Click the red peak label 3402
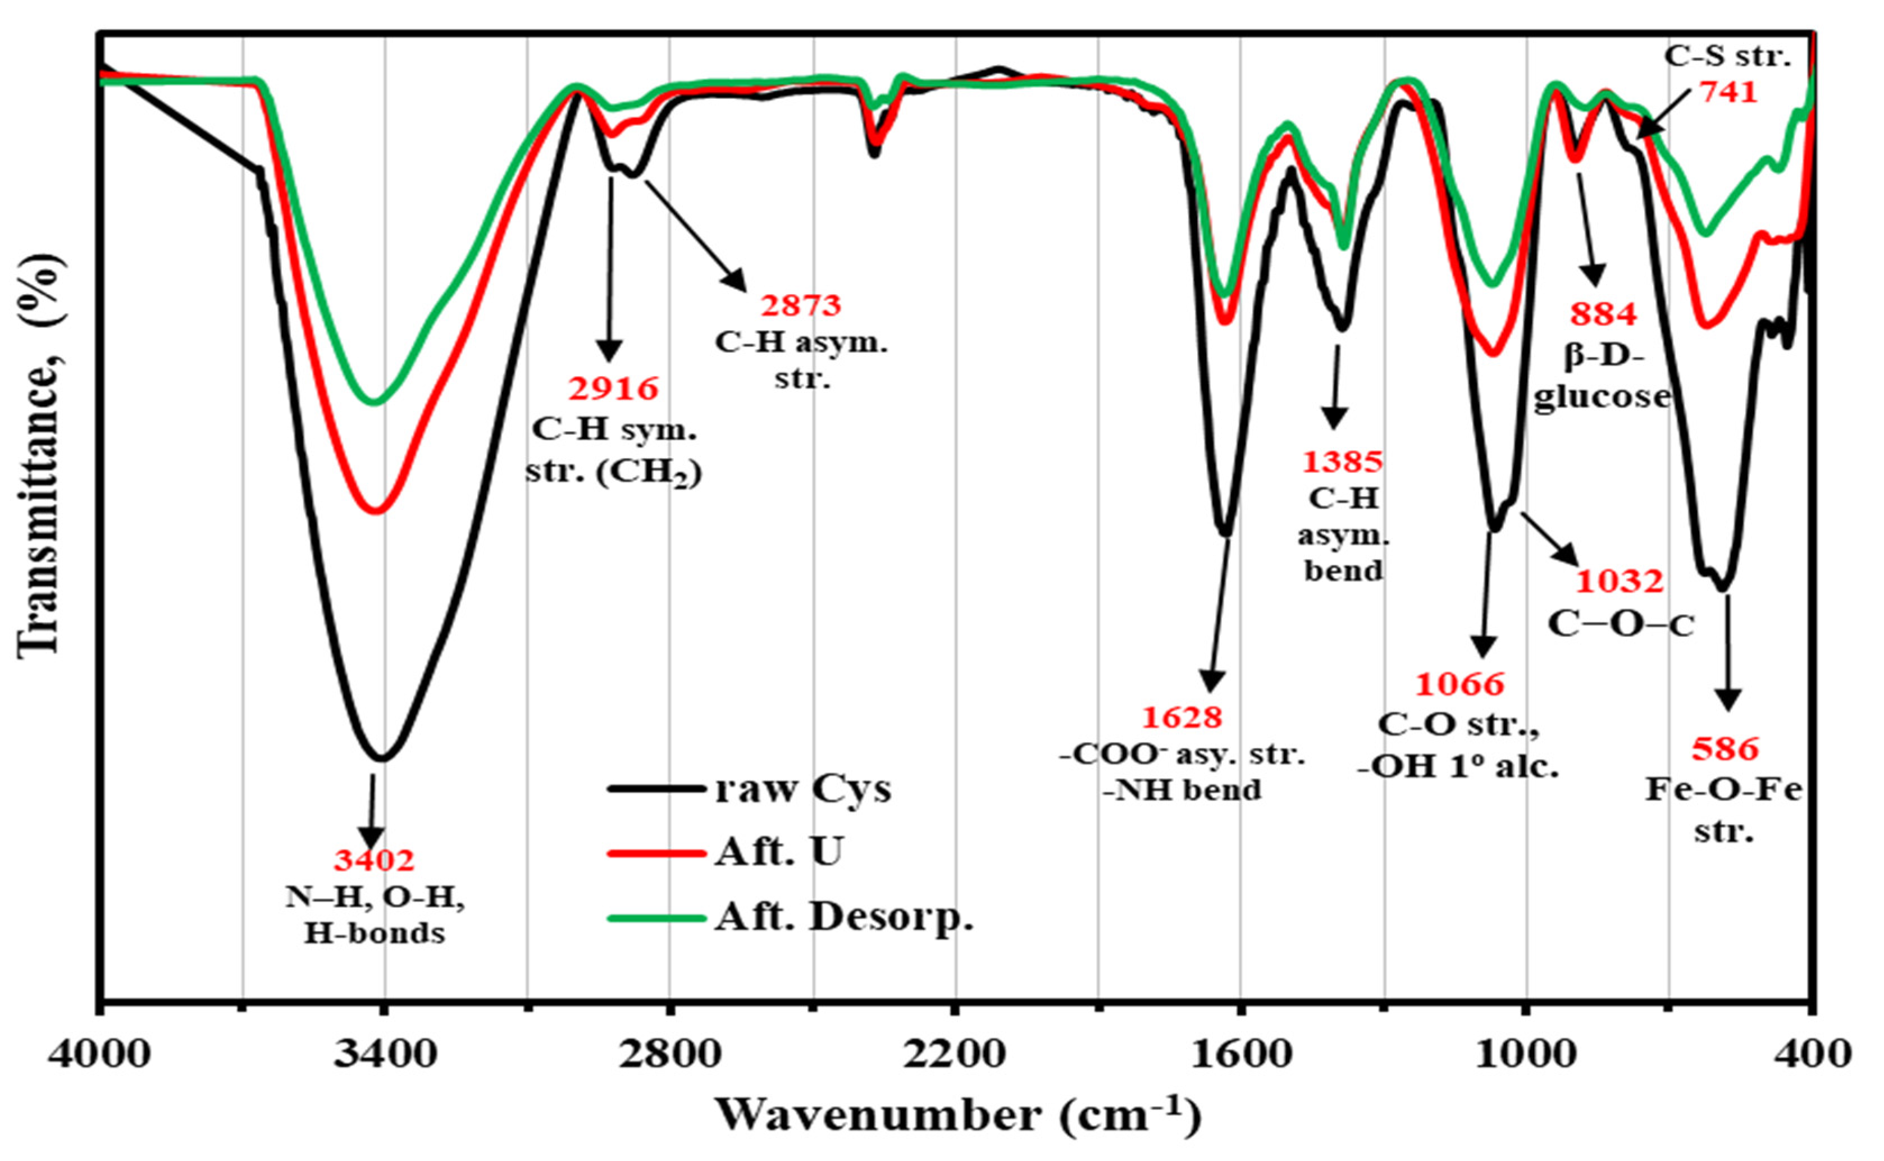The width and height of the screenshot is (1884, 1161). click(x=374, y=861)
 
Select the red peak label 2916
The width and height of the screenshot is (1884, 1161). click(x=614, y=389)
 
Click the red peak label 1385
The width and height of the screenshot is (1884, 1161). click(x=1343, y=462)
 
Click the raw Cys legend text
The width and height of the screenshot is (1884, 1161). click(x=802, y=789)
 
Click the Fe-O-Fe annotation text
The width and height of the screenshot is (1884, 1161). click(x=1723, y=790)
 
